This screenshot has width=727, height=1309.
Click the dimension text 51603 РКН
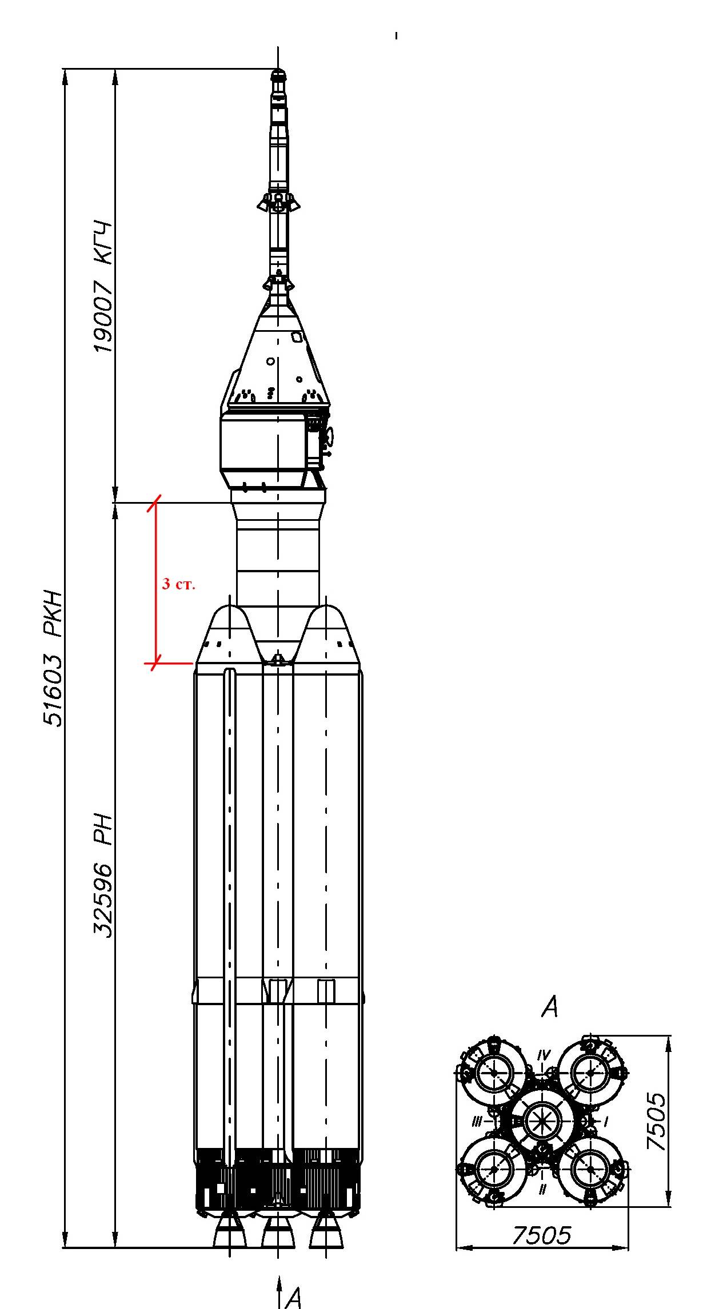tap(53, 657)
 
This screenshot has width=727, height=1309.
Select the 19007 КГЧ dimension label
tap(103, 287)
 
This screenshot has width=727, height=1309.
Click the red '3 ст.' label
tap(178, 584)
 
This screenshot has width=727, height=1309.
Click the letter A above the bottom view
tap(549, 1007)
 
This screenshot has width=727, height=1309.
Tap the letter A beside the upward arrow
tap(293, 1297)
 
